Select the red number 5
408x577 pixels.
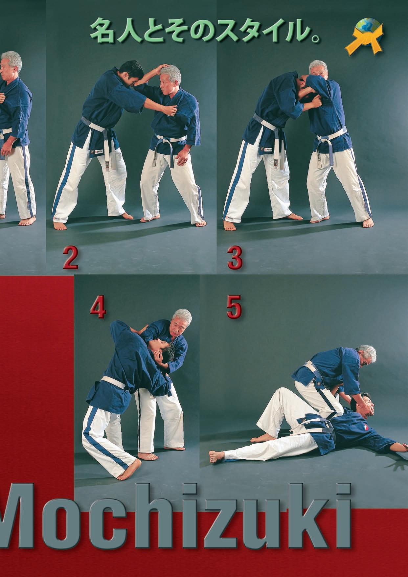point(234,308)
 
